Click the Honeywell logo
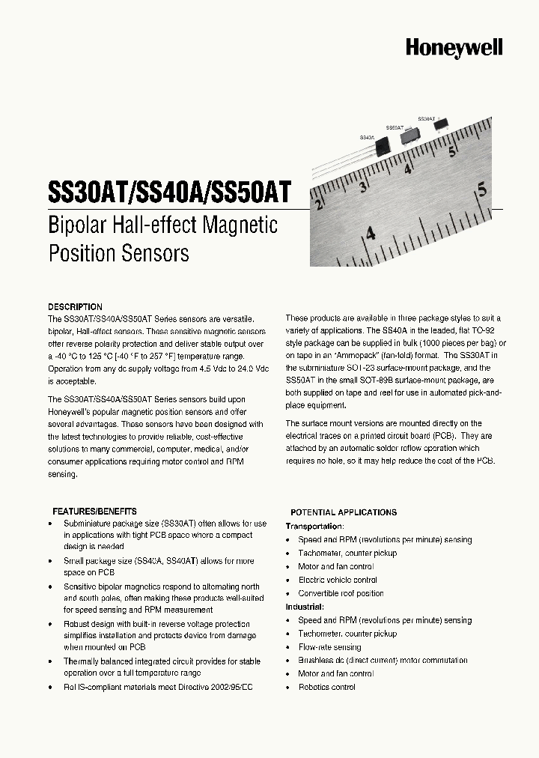[x=454, y=48]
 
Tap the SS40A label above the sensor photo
[x=367, y=137]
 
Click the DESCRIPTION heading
[x=75, y=307]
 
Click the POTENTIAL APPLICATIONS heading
[x=343, y=512]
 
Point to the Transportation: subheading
[x=315, y=527]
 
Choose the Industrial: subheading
[x=305, y=607]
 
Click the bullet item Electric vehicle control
[x=338, y=580]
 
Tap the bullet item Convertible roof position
[x=341, y=593]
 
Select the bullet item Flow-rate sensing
[x=329, y=647]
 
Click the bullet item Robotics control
[x=326, y=687]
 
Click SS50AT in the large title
[x=250, y=190]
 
